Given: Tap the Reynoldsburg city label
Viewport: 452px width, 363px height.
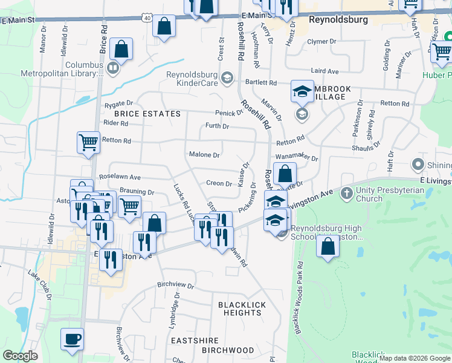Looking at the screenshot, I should coord(338,19).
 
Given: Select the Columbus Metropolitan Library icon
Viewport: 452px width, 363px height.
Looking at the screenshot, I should coord(113,68).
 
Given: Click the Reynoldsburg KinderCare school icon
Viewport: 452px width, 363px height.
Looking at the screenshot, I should coord(227,77).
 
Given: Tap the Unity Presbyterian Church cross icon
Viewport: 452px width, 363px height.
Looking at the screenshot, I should coord(347,193).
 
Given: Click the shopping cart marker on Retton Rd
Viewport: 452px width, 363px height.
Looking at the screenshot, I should coord(88,143).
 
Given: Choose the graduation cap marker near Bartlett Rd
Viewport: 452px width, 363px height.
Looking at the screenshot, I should coord(302,91).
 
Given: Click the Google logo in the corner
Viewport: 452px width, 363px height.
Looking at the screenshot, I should coord(20,356).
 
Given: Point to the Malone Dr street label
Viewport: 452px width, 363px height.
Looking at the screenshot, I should coord(204,155).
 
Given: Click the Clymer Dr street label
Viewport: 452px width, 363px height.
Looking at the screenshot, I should coord(321,42).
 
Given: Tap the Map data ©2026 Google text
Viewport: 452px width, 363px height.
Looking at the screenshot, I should coord(415,358).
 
